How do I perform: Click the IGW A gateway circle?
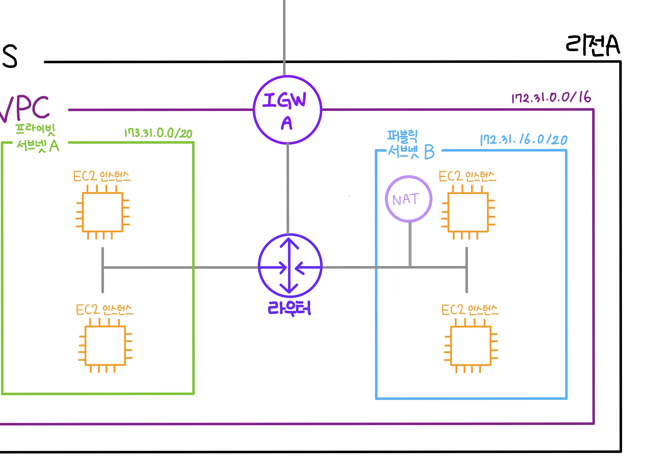(x=287, y=110)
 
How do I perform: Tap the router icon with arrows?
(x=290, y=266)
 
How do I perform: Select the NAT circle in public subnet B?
(x=408, y=199)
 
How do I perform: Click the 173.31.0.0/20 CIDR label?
(x=158, y=133)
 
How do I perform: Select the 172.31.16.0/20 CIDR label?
(x=523, y=140)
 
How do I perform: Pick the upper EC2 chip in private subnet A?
(x=103, y=212)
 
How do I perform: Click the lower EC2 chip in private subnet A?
(x=105, y=345)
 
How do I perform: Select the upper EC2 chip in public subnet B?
(x=468, y=212)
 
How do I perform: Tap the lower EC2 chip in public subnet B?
(x=471, y=345)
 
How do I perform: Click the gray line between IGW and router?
(x=288, y=188)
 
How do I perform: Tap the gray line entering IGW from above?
(x=284, y=35)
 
